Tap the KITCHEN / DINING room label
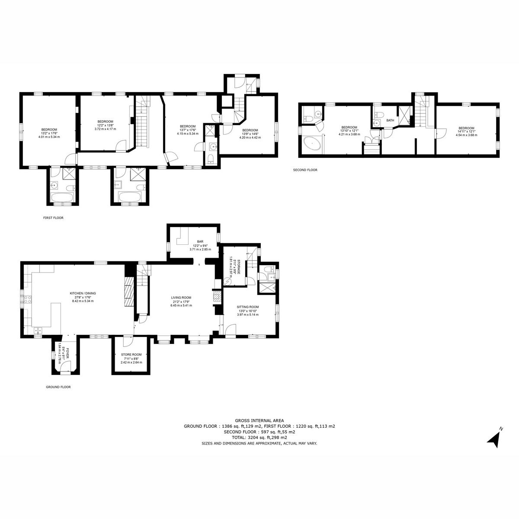[83, 293]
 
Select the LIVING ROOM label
[181, 298]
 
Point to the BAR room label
[200, 242]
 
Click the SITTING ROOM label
[248, 307]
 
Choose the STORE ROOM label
[131, 355]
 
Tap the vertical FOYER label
[67, 353]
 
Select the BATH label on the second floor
[390, 120]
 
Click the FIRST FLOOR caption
[53, 218]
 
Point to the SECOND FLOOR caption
[305, 170]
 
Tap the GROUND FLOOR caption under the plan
[58, 387]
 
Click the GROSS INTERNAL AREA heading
[259, 420]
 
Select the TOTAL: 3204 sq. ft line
[259, 438]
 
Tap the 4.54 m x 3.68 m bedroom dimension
[466, 135]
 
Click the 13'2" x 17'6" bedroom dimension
[49, 133]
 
